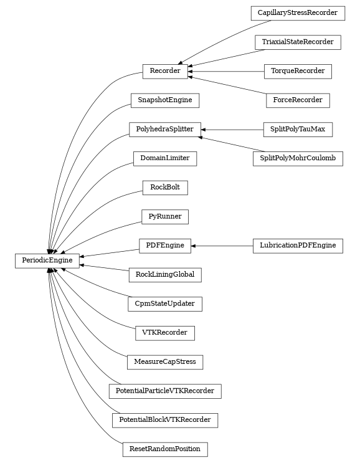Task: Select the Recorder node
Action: tap(165, 71)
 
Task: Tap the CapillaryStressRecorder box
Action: tap(298, 12)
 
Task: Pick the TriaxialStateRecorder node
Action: tap(298, 42)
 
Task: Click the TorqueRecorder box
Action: tap(298, 71)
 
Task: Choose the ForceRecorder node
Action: tap(298, 100)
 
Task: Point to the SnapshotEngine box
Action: tap(165, 100)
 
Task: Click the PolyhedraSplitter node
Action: tap(165, 129)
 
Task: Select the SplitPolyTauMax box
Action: tap(298, 129)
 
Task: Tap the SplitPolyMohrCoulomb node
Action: tap(298, 158)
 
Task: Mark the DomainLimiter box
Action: tap(165, 158)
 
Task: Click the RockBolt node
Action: tap(165, 187)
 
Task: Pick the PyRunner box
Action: tap(165, 216)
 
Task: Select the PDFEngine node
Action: tap(165, 246)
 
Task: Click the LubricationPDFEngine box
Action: tap(298, 246)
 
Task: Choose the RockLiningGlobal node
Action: tap(165, 274)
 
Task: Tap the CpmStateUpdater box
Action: tap(165, 303)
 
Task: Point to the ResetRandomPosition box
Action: tap(165, 449)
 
